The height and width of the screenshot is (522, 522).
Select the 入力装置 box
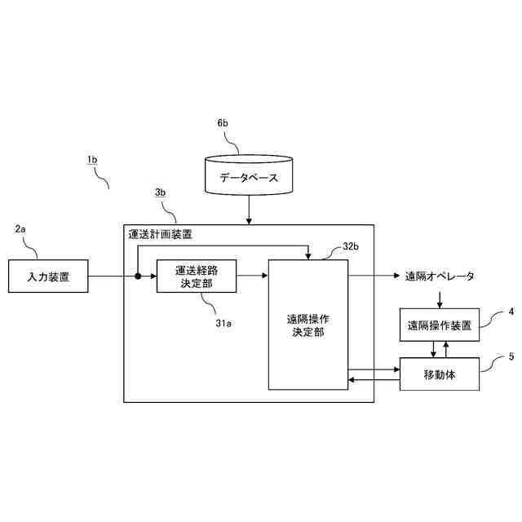click(x=47, y=276)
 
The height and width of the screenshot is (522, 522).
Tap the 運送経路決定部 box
click(x=196, y=276)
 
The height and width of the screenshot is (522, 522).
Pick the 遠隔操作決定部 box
click(x=308, y=325)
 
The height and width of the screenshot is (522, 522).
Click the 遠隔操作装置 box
click(x=439, y=325)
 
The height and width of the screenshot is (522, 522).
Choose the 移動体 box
click(x=439, y=374)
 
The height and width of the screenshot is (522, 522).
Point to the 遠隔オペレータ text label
click(x=440, y=276)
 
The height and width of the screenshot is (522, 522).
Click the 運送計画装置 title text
click(x=160, y=234)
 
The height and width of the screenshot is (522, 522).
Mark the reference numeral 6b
click(x=223, y=123)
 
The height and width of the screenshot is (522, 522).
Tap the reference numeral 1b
click(x=92, y=161)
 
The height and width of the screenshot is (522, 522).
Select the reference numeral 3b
click(x=161, y=192)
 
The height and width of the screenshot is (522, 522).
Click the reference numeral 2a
click(x=21, y=229)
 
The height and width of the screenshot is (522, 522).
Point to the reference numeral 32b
click(x=352, y=246)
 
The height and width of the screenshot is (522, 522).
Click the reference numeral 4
click(x=511, y=312)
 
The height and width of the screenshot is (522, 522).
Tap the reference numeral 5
click(x=511, y=356)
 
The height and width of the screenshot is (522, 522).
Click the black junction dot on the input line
click(x=138, y=276)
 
